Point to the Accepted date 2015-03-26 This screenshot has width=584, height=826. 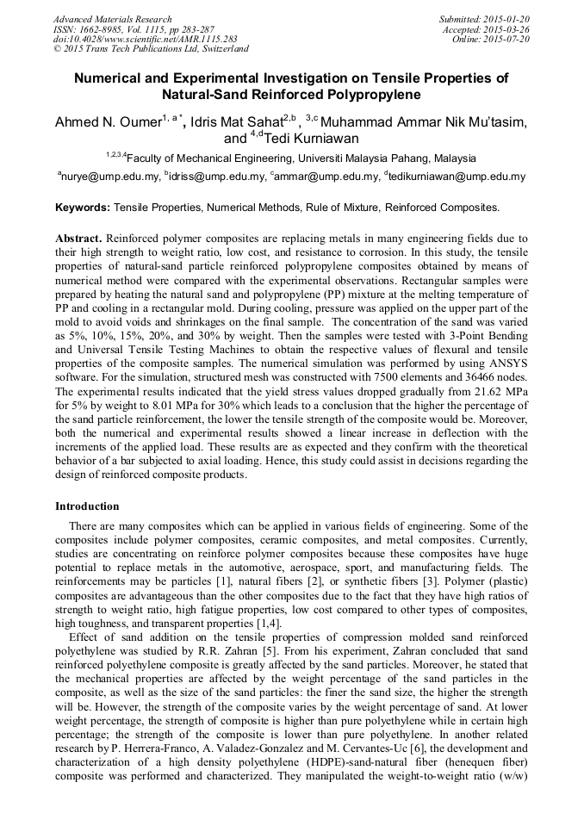click(508, 29)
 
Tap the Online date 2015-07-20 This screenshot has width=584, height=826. click(508, 39)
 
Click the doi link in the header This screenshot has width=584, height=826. click(145, 39)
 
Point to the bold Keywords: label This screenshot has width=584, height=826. click(83, 208)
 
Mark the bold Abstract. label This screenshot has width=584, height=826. click(79, 237)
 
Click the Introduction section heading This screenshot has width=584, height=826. click(87, 506)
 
